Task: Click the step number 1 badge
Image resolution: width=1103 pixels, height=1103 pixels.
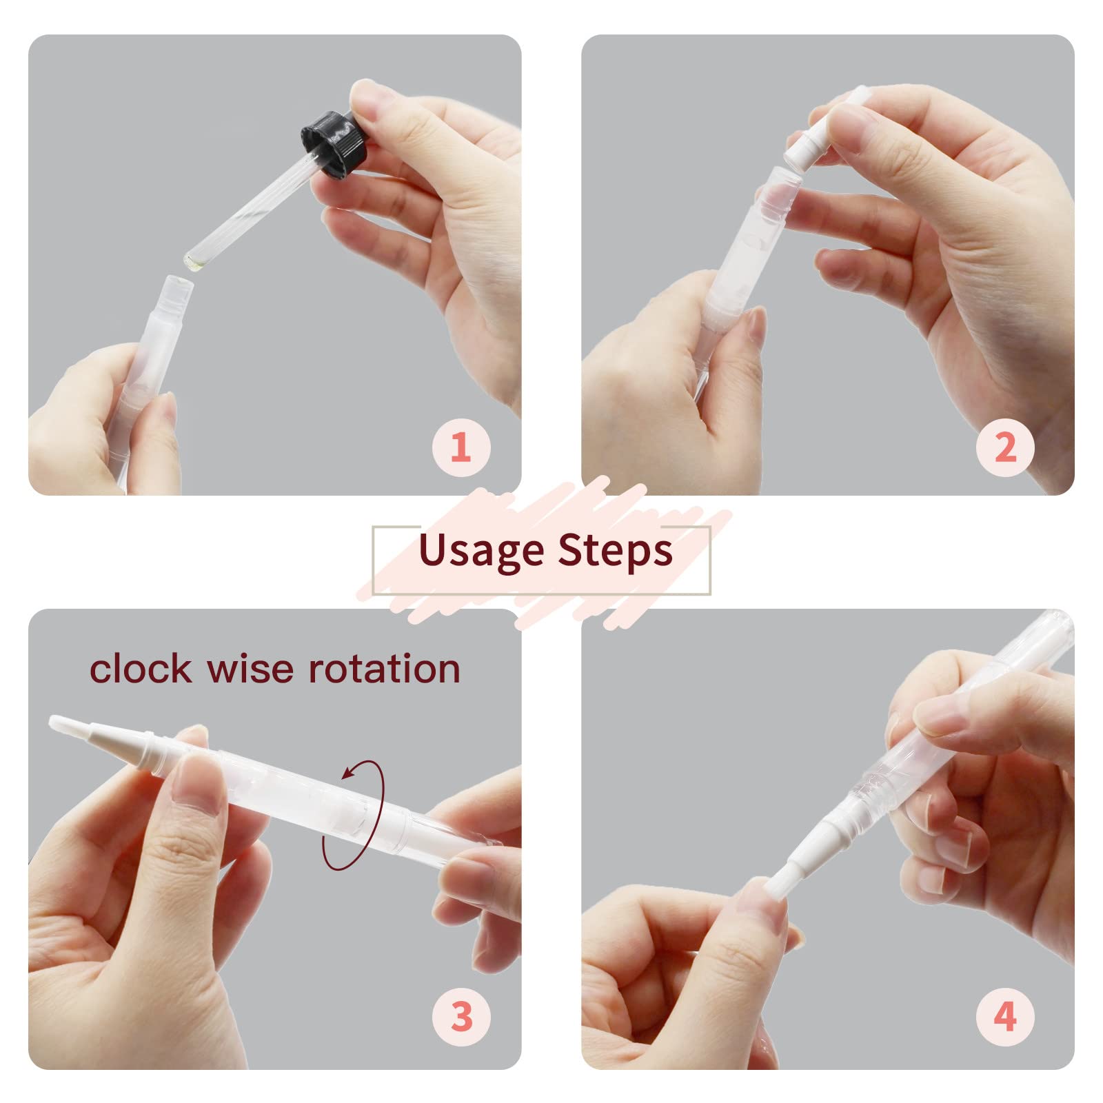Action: pyautogui.click(x=461, y=447)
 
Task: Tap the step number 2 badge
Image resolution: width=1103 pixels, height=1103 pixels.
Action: pyautogui.click(x=1005, y=447)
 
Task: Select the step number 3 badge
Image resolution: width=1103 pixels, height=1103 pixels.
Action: pyautogui.click(x=461, y=1017)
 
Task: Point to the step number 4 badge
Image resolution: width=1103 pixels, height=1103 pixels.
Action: pyautogui.click(x=1005, y=1017)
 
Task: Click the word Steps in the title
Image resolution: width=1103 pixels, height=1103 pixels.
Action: pyautogui.click(x=615, y=551)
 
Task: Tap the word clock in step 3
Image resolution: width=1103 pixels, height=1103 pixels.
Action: pyautogui.click(x=141, y=668)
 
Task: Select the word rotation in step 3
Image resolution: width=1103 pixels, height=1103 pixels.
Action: pyautogui.click(x=384, y=668)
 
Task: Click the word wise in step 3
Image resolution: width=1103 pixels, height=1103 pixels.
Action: pyautogui.click(x=249, y=668)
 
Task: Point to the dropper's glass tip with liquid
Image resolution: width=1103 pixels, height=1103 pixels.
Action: pyautogui.click(x=195, y=260)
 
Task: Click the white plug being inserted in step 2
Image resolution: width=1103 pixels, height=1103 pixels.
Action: pyautogui.click(x=805, y=147)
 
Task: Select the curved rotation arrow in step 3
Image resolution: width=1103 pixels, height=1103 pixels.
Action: pyautogui.click(x=353, y=814)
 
